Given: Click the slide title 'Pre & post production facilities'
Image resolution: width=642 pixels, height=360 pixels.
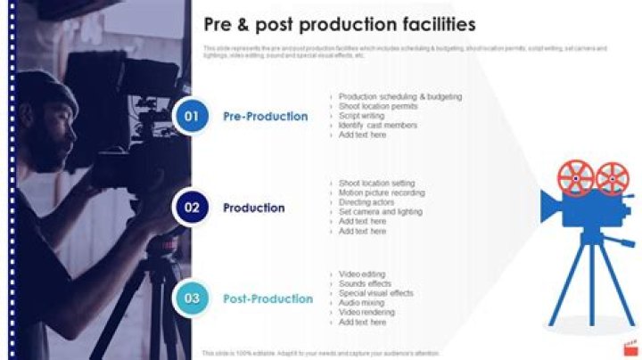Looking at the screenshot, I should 340,24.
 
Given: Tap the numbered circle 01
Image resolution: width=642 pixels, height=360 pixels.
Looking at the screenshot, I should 191,116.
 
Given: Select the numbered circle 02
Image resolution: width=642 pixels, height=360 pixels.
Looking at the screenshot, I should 191,208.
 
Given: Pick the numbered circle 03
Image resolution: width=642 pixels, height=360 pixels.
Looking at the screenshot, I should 191,299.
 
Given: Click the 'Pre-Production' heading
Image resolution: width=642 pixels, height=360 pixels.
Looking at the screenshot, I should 266,117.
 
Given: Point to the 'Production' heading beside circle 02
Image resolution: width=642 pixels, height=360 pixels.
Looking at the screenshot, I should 254,208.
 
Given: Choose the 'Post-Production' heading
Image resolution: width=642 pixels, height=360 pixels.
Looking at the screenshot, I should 268,299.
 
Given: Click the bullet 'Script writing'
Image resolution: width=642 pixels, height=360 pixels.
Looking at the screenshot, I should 361,116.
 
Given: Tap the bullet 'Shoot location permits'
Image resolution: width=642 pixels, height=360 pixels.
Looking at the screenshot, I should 378,106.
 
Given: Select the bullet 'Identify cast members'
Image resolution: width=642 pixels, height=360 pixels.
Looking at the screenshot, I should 377,126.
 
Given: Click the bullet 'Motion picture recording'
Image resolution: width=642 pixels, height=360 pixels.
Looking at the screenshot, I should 382,192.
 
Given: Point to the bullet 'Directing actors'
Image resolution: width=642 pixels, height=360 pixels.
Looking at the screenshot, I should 366,202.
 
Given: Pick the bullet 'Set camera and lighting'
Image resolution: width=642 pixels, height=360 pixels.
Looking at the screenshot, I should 380,212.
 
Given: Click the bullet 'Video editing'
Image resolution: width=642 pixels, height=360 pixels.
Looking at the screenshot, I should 362,274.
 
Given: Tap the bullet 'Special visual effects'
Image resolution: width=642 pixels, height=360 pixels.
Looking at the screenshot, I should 375,293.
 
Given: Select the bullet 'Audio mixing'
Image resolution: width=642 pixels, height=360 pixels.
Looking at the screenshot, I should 362,303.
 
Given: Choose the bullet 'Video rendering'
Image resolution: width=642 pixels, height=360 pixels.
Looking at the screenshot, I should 366,313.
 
